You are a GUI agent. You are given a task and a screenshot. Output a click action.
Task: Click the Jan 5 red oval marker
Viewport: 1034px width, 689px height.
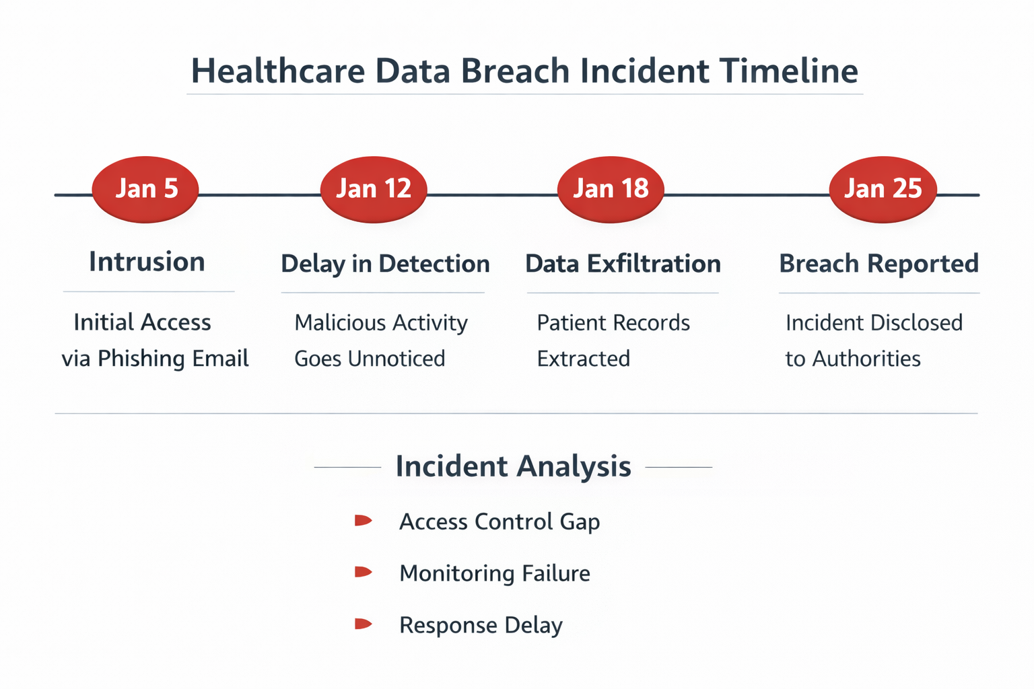[145, 189]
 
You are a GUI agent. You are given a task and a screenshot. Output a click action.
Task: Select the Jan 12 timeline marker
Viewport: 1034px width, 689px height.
[374, 189]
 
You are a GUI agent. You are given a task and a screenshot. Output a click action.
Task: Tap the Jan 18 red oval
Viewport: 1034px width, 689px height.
[611, 189]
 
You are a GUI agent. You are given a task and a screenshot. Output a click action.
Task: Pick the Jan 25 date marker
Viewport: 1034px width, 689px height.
[883, 189]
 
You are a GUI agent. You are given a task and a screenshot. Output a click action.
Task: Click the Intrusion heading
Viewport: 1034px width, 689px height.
[147, 262]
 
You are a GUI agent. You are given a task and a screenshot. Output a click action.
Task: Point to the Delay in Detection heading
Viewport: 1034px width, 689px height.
[385, 264]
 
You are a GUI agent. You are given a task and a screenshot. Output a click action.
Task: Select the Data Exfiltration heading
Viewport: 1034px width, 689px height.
[623, 264]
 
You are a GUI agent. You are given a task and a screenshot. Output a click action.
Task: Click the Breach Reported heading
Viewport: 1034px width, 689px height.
[878, 264]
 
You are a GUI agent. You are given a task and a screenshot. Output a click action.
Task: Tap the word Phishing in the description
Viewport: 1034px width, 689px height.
[141, 359]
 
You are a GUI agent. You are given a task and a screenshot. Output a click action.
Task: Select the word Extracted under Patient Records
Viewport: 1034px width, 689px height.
[583, 359]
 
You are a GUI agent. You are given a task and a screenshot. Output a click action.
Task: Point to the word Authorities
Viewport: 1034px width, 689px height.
[866, 359]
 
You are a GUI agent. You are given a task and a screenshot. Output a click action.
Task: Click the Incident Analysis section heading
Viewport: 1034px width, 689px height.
[513, 466]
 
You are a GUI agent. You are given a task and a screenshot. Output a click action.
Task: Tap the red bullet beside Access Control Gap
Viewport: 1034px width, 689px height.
[363, 520]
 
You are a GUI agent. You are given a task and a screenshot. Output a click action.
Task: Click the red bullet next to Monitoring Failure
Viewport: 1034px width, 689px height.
[363, 572]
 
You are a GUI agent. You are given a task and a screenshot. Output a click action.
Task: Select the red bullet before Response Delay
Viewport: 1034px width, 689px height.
[363, 624]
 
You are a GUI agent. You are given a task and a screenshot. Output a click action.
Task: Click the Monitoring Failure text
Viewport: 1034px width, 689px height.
[494, 573]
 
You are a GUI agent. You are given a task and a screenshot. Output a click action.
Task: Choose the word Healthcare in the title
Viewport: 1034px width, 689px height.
[278, 71]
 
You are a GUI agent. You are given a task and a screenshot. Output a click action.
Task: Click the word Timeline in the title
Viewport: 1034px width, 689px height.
[788, 71]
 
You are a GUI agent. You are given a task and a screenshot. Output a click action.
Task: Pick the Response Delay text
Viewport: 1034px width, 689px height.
[481, 625]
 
